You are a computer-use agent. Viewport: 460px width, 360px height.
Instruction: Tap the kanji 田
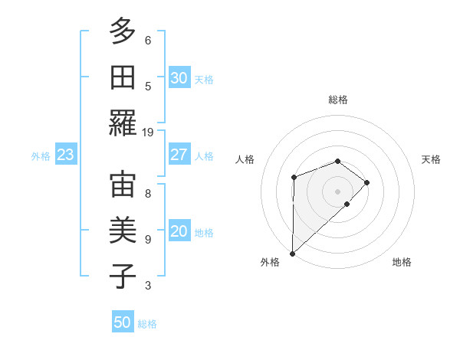pyautogui.click(x=123, y=77)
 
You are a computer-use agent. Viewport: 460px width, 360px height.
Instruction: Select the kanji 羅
pyautogui.click(x=123, y=123)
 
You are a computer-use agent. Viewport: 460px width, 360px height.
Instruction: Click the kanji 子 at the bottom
pyautogui.click(x=123, y=276)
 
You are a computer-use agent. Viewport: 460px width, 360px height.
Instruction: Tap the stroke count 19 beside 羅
pyautogui.click(x=148, y=133)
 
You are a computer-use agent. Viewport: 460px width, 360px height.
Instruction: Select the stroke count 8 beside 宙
pyautogui.click(x=148, y=193)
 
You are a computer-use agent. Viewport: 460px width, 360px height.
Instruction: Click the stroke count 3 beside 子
pyautogui.click(x=148, y=286)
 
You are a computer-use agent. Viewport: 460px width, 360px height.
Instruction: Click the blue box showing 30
pyautogui.click(x=179, y=78)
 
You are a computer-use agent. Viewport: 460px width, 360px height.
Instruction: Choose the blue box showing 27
pyautogui.click(x=179, y=155)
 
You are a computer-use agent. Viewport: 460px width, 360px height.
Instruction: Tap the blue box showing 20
pyautogui.click(x=179, y=232)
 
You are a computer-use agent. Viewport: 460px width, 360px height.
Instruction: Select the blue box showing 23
pyautogui.click(x=65, y=155)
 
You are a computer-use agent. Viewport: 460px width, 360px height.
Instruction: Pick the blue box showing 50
pyautogui.click(x=123, y=322)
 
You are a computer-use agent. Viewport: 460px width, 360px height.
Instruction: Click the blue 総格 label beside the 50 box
pyautogui.click(x=147, y=324)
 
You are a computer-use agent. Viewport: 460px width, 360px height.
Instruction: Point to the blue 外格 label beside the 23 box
pyautogui.click(x=41, y=156)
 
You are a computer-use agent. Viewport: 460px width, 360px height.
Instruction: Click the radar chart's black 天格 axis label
pyautogui.click(x=431, y=159)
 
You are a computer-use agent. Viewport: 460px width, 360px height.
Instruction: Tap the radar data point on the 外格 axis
pyautogui.click(x=292, y=253)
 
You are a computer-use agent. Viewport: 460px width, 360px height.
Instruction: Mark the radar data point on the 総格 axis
pyautogui.click(x=337, y=161)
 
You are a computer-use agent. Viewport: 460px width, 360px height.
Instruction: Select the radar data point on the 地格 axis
pyautogui.click(x=347, y=204)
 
